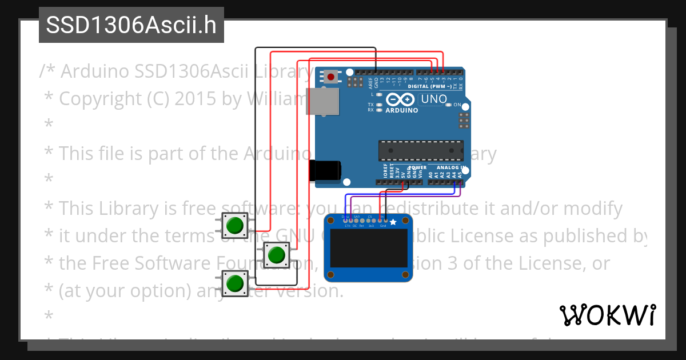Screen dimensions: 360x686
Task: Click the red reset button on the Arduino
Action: click(x=331, y=76)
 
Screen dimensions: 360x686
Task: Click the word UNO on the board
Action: click(x=434, y=99)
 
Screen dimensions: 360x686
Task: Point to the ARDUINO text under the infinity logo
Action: click(x=402, y=110)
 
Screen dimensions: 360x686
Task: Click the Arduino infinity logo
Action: click(x=402, y=99)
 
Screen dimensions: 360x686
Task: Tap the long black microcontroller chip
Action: click(x=421, y=150)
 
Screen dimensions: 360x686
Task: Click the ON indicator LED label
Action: click(x=457, y=105)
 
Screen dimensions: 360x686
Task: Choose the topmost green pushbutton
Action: click(x=234, y=225)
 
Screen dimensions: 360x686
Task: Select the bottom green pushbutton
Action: click(x=234, y=283)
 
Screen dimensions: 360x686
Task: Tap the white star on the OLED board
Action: click(x=393, y=221)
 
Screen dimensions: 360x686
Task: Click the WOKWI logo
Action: click(x=607, y=315)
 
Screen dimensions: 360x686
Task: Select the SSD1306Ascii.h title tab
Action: click(x=131, y=25)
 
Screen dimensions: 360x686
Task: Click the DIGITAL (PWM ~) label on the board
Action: click(x=432, y=86)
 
